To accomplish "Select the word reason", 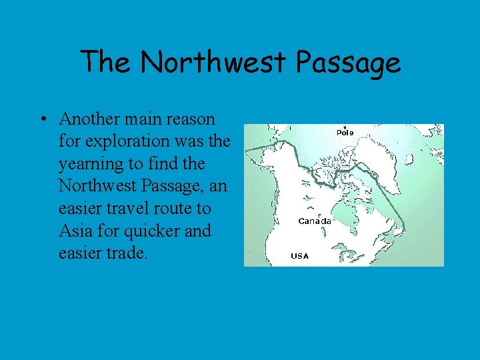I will (192, 119).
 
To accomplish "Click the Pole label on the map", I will (345, 133).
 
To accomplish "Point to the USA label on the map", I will (299, 256).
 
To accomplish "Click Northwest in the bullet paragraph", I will (95, 186).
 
